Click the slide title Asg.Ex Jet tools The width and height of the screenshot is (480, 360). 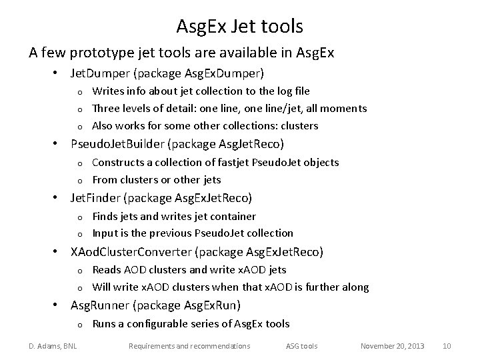pyautogui.click(x=239, y=26)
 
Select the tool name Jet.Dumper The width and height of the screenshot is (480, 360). pyautogui.click(x=100, y=72)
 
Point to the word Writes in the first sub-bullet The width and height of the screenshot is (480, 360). pyautogui.click(x=107, y=91)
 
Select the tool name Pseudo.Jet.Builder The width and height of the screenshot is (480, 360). pyautogui.click(x=120, y=143)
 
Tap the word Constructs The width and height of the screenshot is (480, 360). pyautogui.click(x=117, y=162)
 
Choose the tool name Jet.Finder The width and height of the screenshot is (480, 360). pyautogui.click(x=96, y=197)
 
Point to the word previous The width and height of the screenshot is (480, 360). pyautogui.click(x=173, y=233)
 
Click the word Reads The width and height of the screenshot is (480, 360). pyautogui.click(x=106, y=269)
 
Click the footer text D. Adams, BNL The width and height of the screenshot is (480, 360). pyautogui.click(x=52, y=346)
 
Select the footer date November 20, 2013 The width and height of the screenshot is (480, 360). pyautogui.click(x=392, y=346)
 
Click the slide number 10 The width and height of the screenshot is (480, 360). pyautogui.click(x=447, y=346)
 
